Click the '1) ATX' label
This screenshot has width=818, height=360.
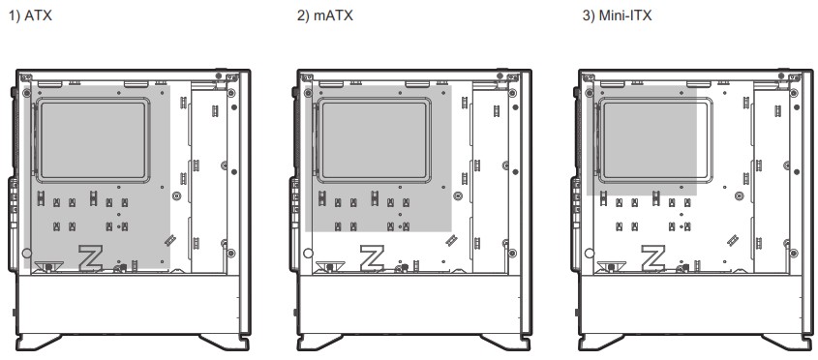(x=30, y=15)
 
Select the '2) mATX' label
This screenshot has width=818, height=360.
(x=325, y=15)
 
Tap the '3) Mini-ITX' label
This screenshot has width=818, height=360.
(x=617, y=15)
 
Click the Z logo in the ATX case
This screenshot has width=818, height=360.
(x=90, y=257)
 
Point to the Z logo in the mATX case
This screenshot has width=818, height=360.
(x=372, y=257)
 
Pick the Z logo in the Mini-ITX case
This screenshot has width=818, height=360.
(x=653, y=257)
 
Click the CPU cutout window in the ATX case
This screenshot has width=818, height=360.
(x=93, y=141)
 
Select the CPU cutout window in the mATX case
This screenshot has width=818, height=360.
(x=375, y=141)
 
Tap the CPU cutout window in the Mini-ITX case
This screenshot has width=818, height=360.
(x=656, y=141)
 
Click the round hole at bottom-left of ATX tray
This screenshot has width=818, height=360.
(x=26, y=253)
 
